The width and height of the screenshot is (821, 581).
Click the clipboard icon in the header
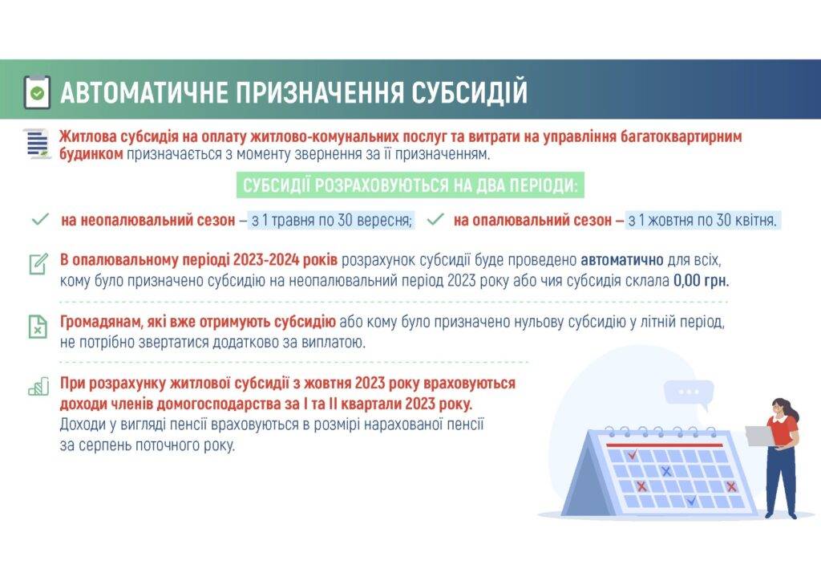(x=37, y=92)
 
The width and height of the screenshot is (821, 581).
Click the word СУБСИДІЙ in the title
(x=468, y=92)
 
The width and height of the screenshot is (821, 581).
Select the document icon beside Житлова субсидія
(x=38, y=143)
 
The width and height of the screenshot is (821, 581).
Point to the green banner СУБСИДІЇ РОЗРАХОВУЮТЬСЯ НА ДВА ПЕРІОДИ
(x=410, y=185)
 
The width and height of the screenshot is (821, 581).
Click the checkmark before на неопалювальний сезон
(x=40, y=219)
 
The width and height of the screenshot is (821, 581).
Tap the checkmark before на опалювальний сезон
(x=435, y=219)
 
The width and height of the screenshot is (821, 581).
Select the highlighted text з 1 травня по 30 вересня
(x=332, y=220)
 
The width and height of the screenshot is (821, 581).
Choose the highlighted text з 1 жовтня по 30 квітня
(x=702, y=220)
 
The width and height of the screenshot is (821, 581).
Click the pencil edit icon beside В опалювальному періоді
(x=38, y=264)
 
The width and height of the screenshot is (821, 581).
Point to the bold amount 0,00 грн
(x=701, y=281)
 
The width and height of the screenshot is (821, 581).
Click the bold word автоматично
(x=622, y=260)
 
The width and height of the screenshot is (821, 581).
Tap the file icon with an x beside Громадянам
(x=38, y=327)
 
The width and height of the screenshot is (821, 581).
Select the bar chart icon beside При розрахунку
(x=38, y=387)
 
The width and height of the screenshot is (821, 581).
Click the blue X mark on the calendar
(x=666, y=472)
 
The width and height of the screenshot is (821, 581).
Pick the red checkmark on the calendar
(x=633, y=454)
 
